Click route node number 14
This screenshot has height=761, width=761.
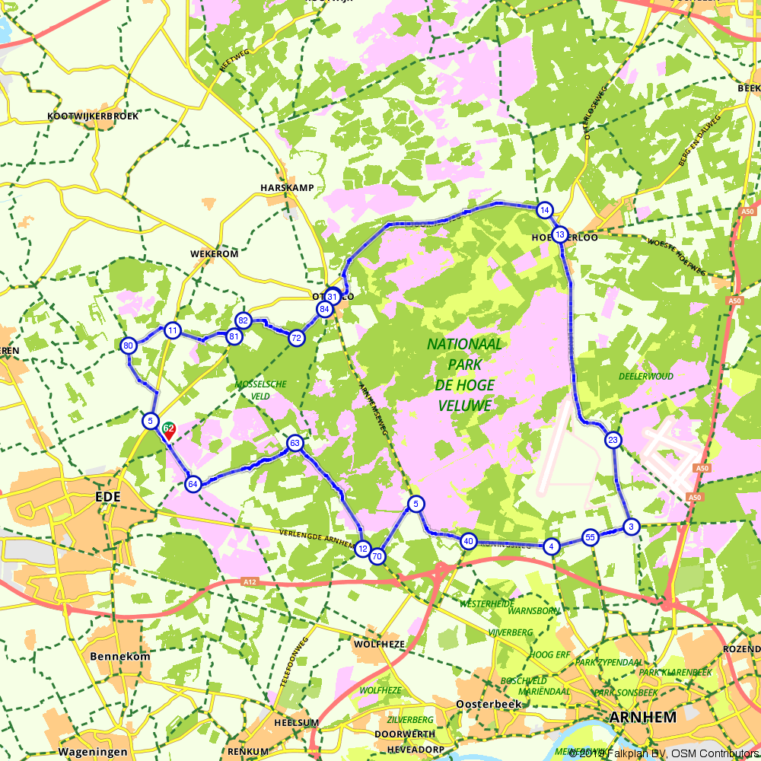pos(543,210)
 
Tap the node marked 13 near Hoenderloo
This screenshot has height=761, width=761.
pos(560,234)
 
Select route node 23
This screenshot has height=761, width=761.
pos(613,440)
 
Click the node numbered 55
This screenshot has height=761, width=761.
pos(590,537)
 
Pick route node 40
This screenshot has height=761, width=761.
pos(469,542)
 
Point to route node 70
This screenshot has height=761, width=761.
pos(377,557)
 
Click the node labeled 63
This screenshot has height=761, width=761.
pos(295,443)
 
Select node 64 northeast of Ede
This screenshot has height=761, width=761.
pos(193,484)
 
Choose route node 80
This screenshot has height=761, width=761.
pos(129,346)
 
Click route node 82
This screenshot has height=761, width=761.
pos(244,320)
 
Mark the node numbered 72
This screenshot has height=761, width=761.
pos(297,338)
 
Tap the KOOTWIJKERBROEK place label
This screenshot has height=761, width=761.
pos(93,116)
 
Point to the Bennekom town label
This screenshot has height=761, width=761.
pos(116,656)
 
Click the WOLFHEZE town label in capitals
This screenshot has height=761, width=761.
pos(377,644)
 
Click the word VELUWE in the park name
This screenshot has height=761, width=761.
pos(465,406)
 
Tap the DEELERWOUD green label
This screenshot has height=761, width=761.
pos(646,376)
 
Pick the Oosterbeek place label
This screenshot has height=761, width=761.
pos(489,704)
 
